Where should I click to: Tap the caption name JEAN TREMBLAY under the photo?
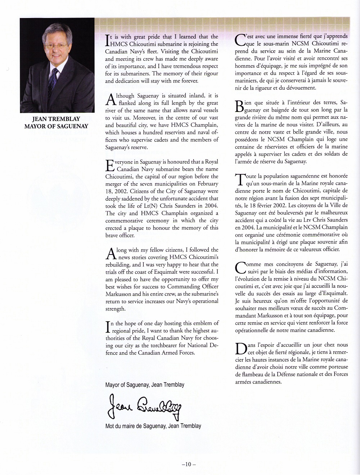pyautogui.click(x=56, y=119)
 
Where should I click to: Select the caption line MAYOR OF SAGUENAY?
pyautogui.click(x=56, y=126)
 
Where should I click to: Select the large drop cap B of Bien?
pyautogui.click(x=239, y=106)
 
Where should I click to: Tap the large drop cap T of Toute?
pyautogui.click(x=239, y=180)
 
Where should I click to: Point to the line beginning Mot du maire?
pyautogui.click(x=153, y=426)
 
